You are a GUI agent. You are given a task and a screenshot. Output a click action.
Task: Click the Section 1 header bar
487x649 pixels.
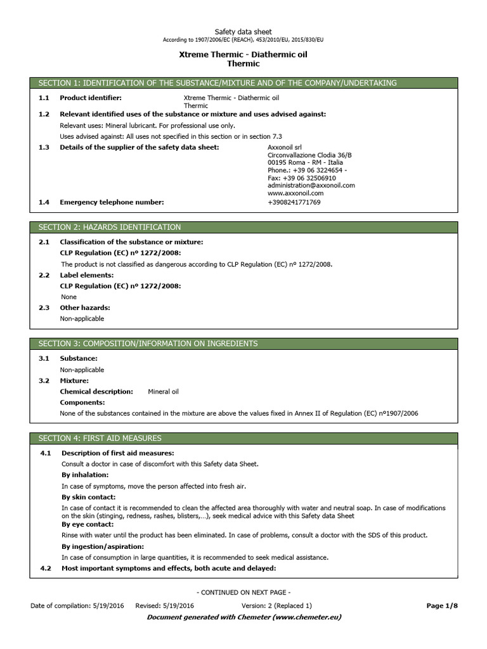click(x=243, y=83)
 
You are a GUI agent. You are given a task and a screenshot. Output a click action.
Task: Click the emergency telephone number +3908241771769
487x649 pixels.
click(x=294, y=202)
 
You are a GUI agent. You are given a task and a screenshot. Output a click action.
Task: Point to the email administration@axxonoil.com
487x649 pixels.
click(x=311, y=185)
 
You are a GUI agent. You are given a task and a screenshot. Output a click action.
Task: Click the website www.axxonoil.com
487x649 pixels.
click(x=295, y=193)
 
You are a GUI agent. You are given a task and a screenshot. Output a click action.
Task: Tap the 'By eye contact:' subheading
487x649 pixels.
click(x=88, y=524)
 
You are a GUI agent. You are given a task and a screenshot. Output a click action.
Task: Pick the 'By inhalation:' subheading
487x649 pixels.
click(x=85, y=475)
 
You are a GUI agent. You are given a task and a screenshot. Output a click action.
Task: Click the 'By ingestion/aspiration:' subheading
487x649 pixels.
click(x=102, y=546)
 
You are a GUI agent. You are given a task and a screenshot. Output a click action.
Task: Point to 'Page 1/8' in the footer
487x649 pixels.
click(x=442, y=606)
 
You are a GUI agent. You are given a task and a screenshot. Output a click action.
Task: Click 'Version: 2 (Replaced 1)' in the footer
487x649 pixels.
click(x=276, y=606)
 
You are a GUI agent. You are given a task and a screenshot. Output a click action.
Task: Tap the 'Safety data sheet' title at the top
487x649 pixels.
click(x=243, y=31)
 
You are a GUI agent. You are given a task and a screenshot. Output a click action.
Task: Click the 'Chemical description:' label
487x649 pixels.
click(x=96, y=392)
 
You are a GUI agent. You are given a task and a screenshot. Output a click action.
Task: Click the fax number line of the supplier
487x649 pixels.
click(x=302, y=178)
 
